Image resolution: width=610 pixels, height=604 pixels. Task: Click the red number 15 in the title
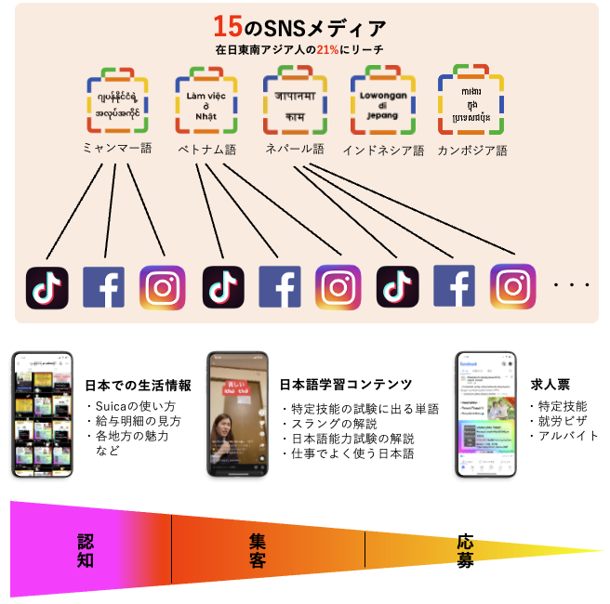click(x=228, y=26)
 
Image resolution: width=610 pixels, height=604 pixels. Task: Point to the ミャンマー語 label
click(x=116, y=149)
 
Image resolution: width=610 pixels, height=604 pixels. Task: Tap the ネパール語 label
click(x=294, y=149)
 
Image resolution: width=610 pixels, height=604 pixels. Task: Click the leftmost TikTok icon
click(x=46, y=287)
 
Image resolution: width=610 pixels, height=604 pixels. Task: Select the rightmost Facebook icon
click(x=454, y=287)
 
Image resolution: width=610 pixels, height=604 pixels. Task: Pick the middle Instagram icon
click(x=338, y=287)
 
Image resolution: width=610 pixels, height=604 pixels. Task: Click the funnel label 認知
click(x=87, y=551)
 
